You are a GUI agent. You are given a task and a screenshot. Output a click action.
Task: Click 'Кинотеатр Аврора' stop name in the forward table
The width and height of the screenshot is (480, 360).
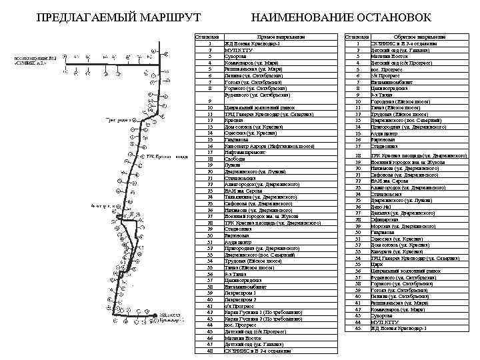261,145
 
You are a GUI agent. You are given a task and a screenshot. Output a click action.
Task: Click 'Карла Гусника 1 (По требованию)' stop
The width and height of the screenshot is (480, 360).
263,311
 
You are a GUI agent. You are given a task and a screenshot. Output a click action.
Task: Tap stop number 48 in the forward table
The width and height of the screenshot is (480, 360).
210,350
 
